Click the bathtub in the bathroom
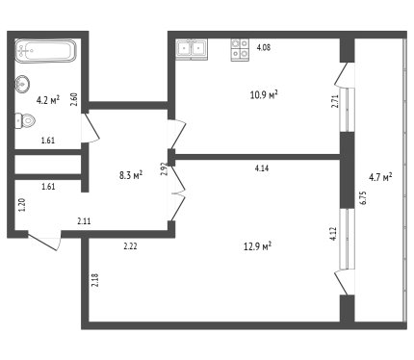pyautogui.click(x=46, y=51)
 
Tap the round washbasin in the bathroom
pyautogui.click(x=22, y=84)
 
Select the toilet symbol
pyautogui.click(x=25, y=121)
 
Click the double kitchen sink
pyautogui.click(x=192, y=49)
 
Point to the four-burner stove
pyautogui.click(x=240, y=50)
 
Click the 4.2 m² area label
pyautogui.click(x=48, y=100)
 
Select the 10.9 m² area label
pyautogui.click(x=264, y=94)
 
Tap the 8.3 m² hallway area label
pyautogui.click(x=131, y=175)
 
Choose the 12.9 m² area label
pyautogui.click(x=258, y=247)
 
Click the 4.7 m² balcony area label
pyautogui.click(x=380, y=177)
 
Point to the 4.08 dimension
pyautogui.click(x=264, y=47)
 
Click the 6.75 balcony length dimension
pyautogui.click(x=363, y=198)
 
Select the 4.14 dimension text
pyautogui.click(x=262, y=168)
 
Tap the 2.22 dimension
pyautogui.click(x=131, y=246)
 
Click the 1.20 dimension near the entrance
pyautogui.click(x=22, y=205)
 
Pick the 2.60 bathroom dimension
pyautogui.click(x=74, y=99)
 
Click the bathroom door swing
pyautogui.click(x=91, y=128)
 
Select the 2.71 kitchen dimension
pyautogui.click(x=335, y=101)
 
